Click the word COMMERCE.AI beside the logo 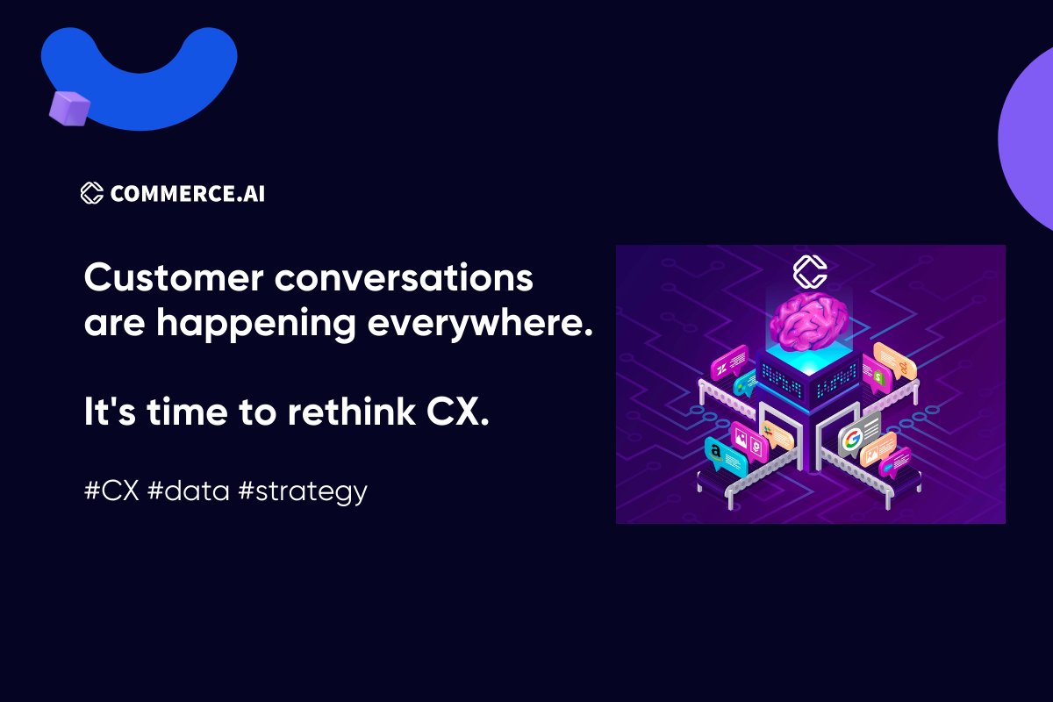point(187,193)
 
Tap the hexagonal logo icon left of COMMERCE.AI point(92,193)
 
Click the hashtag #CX point(111,491)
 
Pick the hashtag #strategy point(302,492)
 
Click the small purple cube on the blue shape point(70,106)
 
